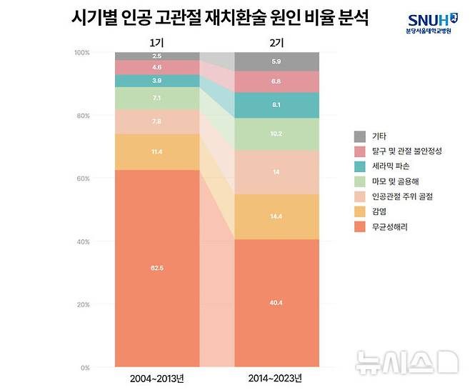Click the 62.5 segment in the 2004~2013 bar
[156, 268]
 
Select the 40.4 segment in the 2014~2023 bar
[276, 303]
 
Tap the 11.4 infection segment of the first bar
[156, 152]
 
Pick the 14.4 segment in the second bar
[276, 216]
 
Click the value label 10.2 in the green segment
[276, 134]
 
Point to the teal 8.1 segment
[276, 104]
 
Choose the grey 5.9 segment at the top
[276, 61]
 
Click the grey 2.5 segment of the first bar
[156, 56]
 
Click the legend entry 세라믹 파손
[390, 166]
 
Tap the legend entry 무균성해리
[390, 226]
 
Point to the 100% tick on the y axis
[82, 53]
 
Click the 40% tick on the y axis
[84, 242]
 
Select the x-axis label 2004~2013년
[156, 377]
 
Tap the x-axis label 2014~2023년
[276, 377]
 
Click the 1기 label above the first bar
[156, 41]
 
